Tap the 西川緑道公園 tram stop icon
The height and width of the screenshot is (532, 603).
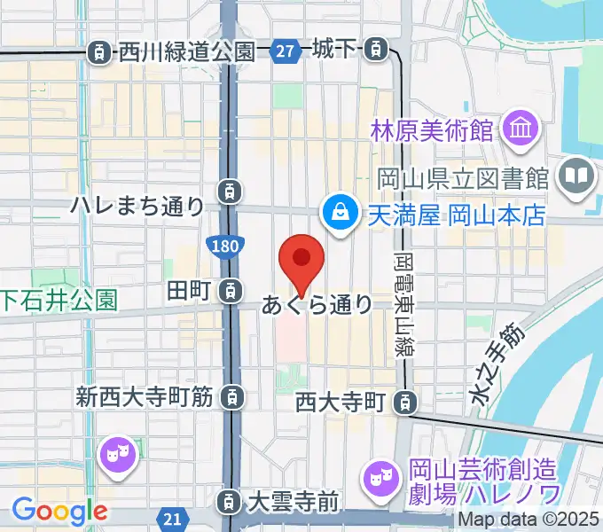point(99,52)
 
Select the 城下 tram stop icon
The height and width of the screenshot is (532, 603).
point(378,50)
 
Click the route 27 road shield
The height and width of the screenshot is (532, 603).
point(285,52)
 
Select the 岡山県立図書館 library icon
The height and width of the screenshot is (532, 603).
point(577,176)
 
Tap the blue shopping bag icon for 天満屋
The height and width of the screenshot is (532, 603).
point(339,212)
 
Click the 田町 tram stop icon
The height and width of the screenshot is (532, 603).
point(230,289)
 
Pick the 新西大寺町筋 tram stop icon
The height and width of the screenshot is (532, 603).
point(231,395)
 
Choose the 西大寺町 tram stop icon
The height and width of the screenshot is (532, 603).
point(404,403)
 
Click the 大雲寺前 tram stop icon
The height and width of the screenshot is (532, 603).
point(230,502)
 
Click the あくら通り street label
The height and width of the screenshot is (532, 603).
point(317,305)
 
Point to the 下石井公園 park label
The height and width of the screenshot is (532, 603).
point(59,300)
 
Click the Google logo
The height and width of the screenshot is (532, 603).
point(59,510)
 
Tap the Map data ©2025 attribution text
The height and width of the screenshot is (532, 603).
point(529,520)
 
